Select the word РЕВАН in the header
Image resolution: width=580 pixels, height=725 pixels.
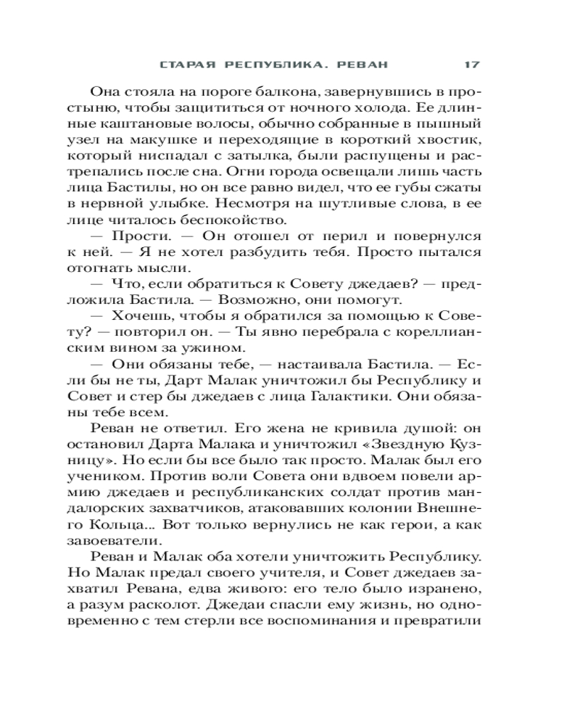[362, 65]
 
